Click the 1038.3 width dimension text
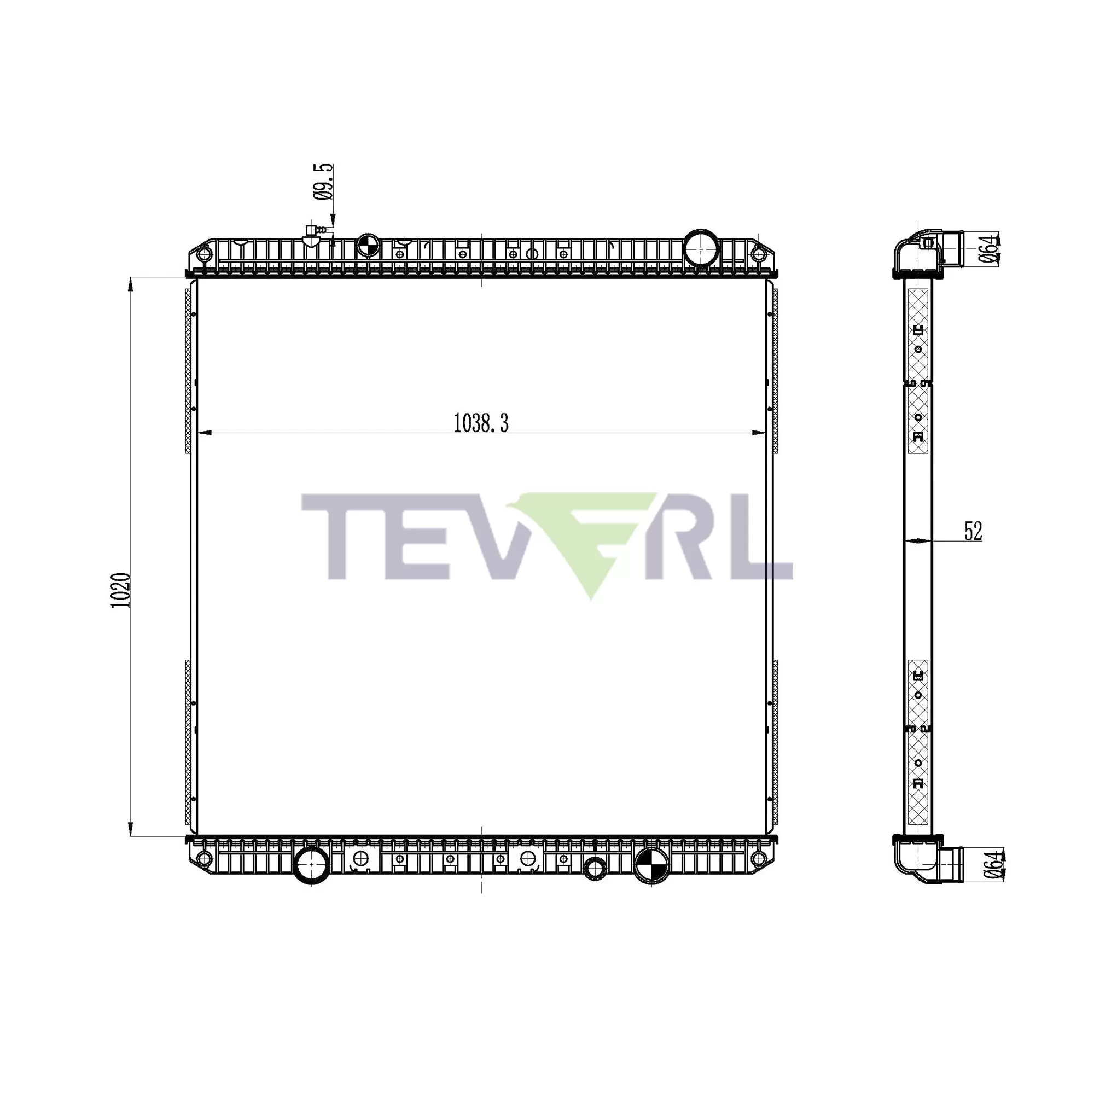[x=481, y=423]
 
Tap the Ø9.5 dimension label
[x=323, y=182]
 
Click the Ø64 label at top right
[x=988, y=248]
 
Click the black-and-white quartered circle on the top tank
[x=368, y=245]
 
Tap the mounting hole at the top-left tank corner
[x=204, y=254]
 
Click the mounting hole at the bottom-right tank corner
[x=758, y=859]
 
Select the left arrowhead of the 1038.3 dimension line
[x=204, y=433]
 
